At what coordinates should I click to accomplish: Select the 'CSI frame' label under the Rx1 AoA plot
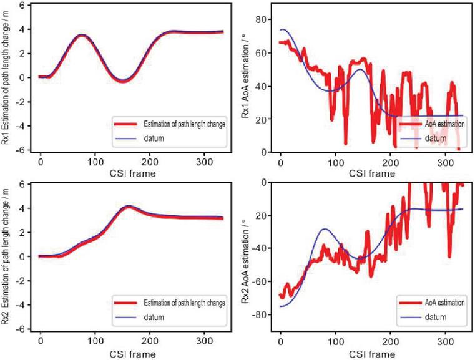(x=372, y=173)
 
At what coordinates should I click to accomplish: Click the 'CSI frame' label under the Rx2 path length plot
(x=132, y=354)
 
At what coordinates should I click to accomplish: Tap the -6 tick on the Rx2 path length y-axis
(x=22, y=329)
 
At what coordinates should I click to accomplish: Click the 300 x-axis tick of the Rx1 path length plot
(x=204, y=162)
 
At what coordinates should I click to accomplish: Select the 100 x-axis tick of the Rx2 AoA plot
(x=336, y=341)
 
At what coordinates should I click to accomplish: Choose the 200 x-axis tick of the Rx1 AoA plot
(x=391, y=163)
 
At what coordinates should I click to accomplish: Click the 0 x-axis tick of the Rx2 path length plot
(x=41, y=341)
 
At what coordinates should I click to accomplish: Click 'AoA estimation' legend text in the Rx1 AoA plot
(x=444, y=124)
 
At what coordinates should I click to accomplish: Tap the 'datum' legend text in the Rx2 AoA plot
(x=436, y=317)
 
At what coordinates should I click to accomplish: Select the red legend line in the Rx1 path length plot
(x=125, y=124)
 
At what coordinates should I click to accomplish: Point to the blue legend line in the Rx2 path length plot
(x=125, y=318)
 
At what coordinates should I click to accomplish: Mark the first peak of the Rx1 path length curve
(x=81, y=36)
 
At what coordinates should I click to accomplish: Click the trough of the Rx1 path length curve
(x=123, y=81)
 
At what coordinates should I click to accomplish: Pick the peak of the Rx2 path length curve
(x=129, y=207)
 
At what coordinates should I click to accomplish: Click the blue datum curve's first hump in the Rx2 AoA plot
(x=325, y=229)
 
